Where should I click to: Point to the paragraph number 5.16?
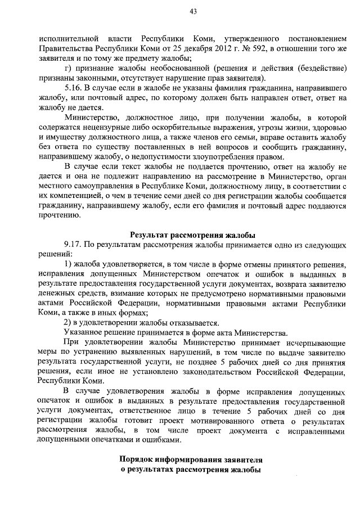click(x=74, y=89)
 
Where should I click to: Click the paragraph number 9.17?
click(x=74, y=245)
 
